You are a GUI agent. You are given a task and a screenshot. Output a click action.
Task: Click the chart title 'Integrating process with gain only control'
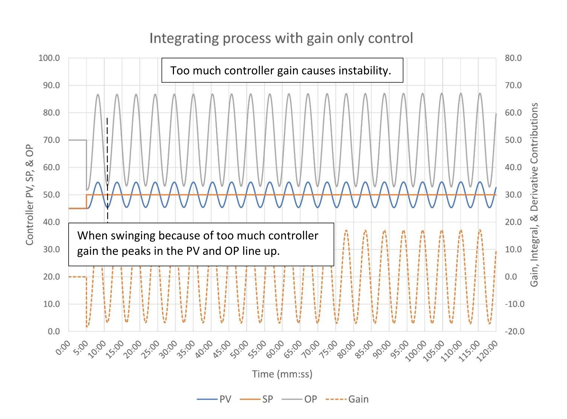pyautogui.click(x=281, y=38)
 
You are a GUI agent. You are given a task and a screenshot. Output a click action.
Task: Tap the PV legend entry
pyautogui.click(x=214, y=399)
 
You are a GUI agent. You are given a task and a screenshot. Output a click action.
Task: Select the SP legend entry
pyautogui.click(x=257, y=399)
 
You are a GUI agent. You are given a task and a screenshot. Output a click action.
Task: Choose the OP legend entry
pyautogui.click(x=299, y=399)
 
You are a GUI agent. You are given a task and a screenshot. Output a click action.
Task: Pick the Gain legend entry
pyautogui.click(x=347, y=399)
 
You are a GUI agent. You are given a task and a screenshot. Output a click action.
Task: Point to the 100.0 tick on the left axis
pyautogui.click(x=49, y=58)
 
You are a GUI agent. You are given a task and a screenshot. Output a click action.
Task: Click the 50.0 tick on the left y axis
pyautogui.click(x=51, y=195)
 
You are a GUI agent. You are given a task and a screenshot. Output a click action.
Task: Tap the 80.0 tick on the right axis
pyautogui.click(x=513, y=58)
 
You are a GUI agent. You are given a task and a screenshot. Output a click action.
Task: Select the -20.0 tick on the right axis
pyautogui.click(x=515, y=331)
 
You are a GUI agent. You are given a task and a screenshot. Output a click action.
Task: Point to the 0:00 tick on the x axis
pyautogui.click(x=63, y=348)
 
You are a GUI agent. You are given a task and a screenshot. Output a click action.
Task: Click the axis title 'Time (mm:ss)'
pyautogui.click(x=282, y=374)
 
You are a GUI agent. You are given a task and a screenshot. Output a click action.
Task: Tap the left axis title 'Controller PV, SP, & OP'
pyautogui.click(x=30, y=195)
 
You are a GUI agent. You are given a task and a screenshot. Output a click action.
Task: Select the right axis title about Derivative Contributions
pyautogui.click(x=534, y=195)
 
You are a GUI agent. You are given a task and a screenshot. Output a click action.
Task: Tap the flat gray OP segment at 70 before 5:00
pyautogui.click(x=77, y=140)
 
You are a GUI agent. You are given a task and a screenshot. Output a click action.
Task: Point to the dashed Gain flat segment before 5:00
pyautogui.click(x=77, y=277)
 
